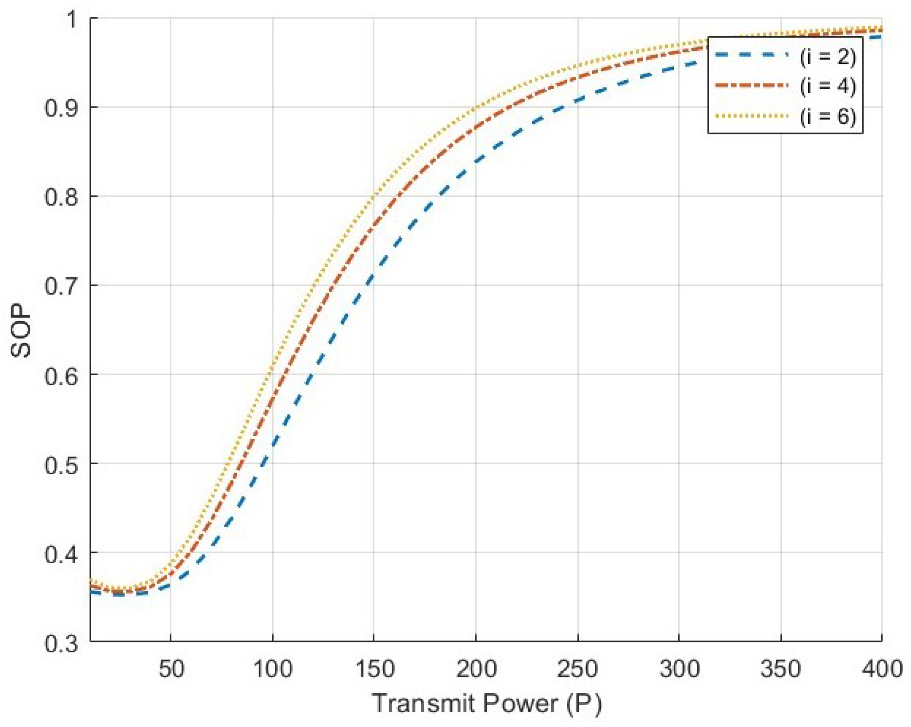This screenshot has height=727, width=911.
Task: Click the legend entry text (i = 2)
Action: [x=827, y=56]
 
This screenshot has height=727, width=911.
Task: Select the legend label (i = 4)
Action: [x=827, y=86]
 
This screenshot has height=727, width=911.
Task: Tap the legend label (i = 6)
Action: [x=827, y=116]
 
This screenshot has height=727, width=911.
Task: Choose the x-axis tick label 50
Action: [x=171, y=669]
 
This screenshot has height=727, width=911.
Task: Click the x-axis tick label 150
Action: [x=374, y=669]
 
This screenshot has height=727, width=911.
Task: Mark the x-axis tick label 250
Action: [x=578, y=669]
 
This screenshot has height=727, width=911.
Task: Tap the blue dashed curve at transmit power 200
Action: [x=476, y=161]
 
